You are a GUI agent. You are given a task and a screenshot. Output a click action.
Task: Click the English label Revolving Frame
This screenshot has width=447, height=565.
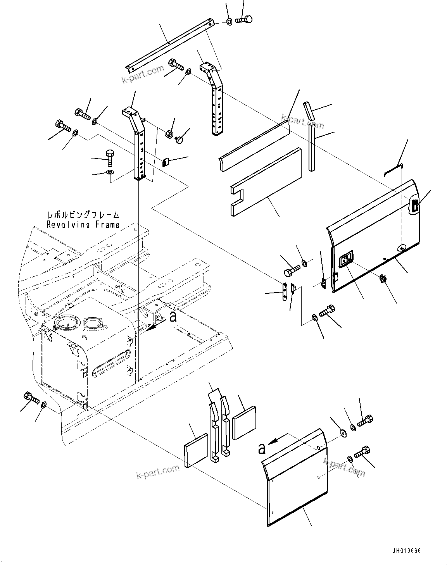83,224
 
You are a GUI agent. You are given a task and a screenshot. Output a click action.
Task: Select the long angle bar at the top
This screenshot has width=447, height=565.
169,43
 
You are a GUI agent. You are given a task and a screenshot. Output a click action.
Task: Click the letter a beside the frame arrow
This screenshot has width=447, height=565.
174,317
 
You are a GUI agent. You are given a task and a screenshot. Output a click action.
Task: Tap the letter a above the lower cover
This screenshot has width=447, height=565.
262,448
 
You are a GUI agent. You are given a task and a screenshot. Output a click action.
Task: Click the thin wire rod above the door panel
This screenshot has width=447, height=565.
392,169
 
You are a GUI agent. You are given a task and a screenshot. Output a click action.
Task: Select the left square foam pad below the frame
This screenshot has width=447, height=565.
196,451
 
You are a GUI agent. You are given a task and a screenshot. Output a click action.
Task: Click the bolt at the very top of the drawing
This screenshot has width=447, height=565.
245,19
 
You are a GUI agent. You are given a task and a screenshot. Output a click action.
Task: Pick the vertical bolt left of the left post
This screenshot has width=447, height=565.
110,157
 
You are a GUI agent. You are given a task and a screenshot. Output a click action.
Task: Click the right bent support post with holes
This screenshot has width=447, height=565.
215,99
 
